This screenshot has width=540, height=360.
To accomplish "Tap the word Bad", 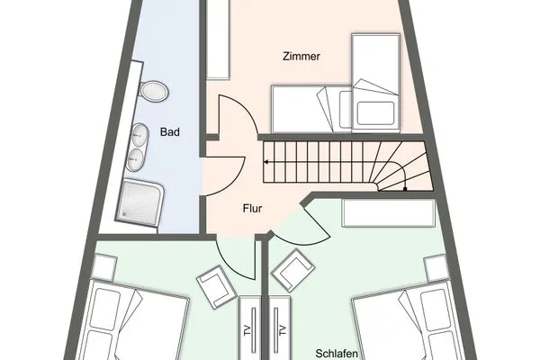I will coord(169,132).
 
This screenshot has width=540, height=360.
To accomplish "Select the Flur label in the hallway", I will coord(252,208).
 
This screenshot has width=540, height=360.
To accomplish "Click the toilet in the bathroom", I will coord(154,91).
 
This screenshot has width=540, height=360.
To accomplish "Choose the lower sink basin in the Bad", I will coord(135,158).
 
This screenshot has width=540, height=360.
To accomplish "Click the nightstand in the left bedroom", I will coord(104,267).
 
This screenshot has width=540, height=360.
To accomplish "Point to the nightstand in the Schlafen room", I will coord(437,267).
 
